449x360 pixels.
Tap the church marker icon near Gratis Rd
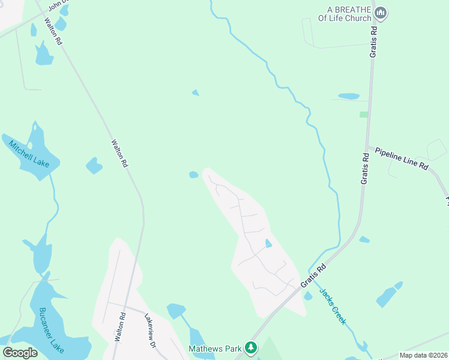(380, 13)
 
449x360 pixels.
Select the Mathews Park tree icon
(251, 347)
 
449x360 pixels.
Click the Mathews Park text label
(215, 348)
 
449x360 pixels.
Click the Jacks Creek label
(333, 307)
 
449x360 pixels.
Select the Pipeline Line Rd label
(402, 157)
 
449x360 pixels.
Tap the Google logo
(20, 352)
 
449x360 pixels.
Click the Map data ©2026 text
(423, 355)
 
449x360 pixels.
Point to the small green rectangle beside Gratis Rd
(363, 114)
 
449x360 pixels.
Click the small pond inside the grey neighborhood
(268, 243)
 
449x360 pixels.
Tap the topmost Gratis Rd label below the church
(373, 41)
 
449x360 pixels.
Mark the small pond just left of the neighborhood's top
(193, 175)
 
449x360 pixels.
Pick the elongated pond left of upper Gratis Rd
(349, 96)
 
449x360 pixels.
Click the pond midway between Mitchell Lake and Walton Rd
(94, 165)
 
